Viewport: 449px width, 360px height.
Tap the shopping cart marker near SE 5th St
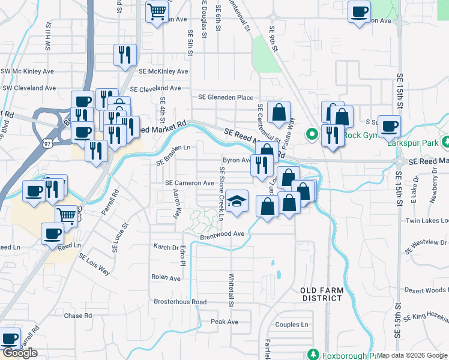pyautogui.click(x=157, y=11)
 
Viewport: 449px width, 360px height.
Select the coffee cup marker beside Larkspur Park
pyautogui.click(x=389, y=127)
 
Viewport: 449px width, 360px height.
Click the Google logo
pyautogui.click(x=20, y=353)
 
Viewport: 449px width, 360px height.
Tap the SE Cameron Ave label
pyautogui.click(x=190, y=183)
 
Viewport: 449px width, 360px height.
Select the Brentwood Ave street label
pyautogui.click(x=223, y=234)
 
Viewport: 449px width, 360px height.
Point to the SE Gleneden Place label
pyautogui.click(x=226, y=97)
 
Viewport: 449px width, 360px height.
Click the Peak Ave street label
pyautogui.click(x=224, y=322)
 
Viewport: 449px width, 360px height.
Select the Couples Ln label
pyautogui.click(x=291, y=325)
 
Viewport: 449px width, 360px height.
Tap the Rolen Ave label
pyautogui.click(x=166, y=278)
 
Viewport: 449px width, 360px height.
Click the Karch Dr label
pyautogui.click(x=166, y=247)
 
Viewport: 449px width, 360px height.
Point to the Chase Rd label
pyautogui.click(x=77, y=316)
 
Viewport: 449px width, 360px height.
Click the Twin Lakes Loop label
pyautogui.click(x=427, y=221)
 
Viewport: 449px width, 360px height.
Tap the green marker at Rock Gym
pyautogui.click(x=312, y=134)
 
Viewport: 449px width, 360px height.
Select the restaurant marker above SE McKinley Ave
pyautogui.click(x=125, y=55)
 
